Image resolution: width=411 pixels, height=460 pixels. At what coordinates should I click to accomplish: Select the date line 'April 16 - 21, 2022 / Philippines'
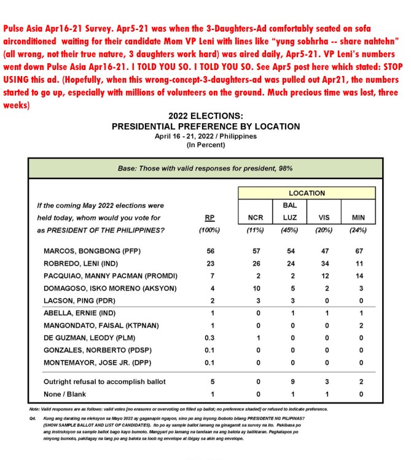pos(206,136)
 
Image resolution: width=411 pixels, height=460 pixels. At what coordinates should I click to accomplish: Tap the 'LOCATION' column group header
pos(307,193)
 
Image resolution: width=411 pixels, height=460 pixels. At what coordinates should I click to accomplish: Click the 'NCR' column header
pos(255,218)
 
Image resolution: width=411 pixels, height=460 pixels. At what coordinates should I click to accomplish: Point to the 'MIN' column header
pos(358,218)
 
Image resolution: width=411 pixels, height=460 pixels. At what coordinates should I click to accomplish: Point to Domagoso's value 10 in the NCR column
pos(255,288)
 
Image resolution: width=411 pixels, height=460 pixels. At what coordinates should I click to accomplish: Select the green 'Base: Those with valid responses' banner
pos(205,167)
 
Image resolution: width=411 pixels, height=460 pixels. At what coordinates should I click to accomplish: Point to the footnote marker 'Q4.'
pos(33,418)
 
